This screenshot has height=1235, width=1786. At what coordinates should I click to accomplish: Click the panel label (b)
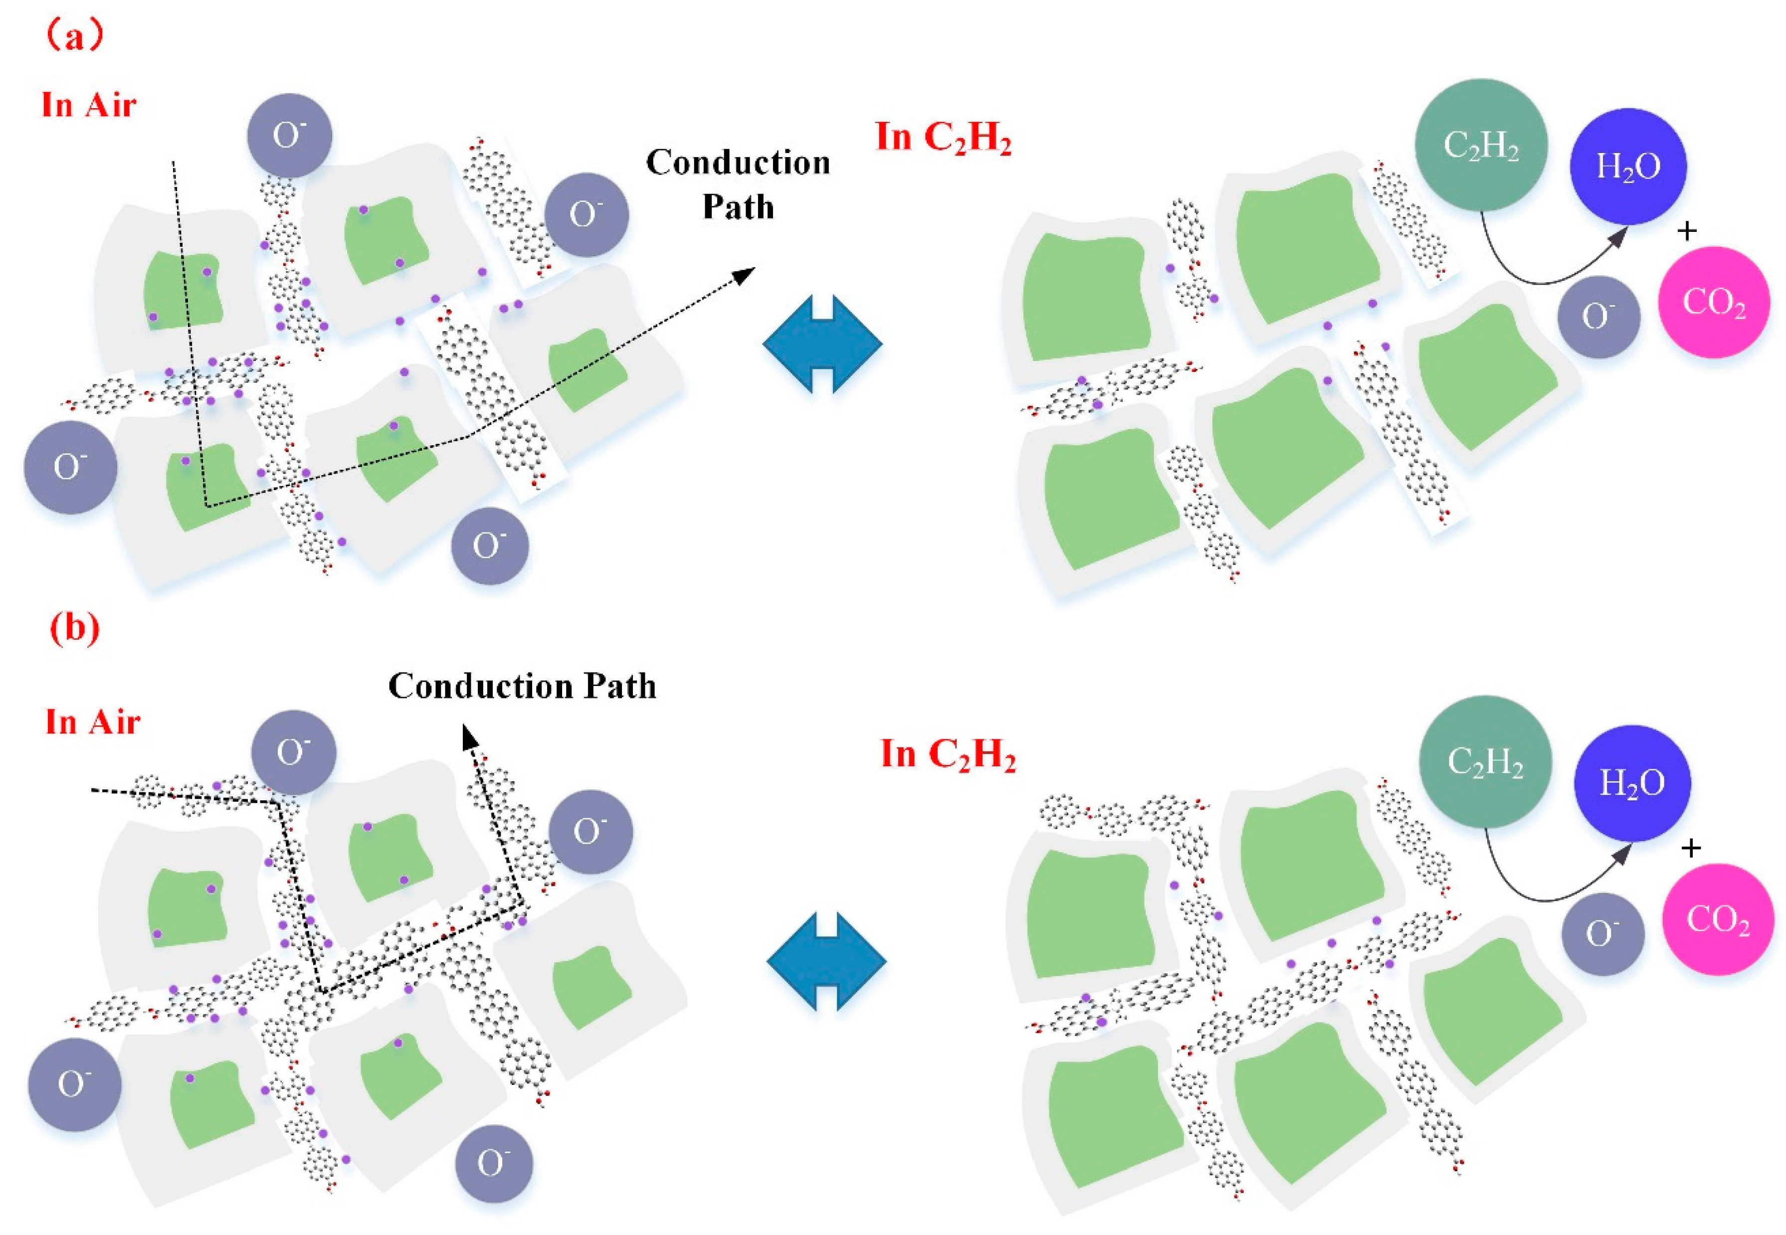point(75,628)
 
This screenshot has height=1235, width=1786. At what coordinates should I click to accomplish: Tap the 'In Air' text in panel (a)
point(89,105)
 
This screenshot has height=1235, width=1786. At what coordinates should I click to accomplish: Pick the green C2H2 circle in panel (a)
point(1480,145)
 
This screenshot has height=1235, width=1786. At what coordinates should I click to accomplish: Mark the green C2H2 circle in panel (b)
point(1484,762)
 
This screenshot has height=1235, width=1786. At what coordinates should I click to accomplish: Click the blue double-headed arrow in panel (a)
point(822,344)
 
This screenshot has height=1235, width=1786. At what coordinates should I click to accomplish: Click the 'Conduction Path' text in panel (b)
point(522,686)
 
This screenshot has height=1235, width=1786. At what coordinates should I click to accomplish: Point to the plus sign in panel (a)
point(1687,230)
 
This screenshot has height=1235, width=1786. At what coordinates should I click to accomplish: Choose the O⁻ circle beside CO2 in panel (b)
point(1602,933)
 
